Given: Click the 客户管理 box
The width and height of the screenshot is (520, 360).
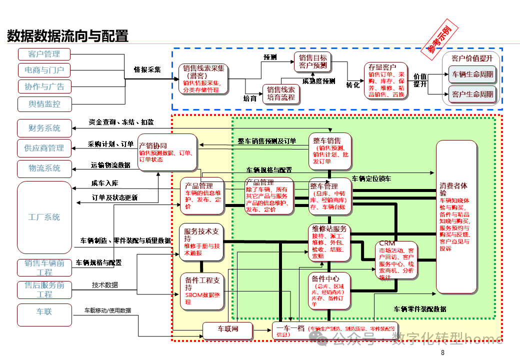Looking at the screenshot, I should [x=44, y=54].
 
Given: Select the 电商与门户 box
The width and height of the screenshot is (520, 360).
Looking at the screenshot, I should [x=44, y=70].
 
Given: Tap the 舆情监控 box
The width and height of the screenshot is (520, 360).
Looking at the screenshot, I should [x=44, y=104].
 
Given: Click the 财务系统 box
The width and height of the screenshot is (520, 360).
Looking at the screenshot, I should [x=45, y=128].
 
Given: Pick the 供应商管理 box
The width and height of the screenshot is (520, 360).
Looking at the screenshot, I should [x=45, y=148].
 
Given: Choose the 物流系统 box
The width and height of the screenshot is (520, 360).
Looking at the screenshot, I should [x=45, y=168].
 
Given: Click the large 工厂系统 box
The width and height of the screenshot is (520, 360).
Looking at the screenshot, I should [x=44, y=217].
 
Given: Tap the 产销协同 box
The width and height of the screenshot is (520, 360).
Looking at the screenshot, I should [x=167, y=152].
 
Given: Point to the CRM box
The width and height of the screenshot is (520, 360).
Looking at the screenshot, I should [x=396, y=260].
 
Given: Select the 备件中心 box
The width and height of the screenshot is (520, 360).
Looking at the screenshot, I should [x=330, y=290].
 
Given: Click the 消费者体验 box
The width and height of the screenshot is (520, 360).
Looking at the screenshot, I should [x=455, y=216].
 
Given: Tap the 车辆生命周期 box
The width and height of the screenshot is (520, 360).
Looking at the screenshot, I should [x=472, y=74].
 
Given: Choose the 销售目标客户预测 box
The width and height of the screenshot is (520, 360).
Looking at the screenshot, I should [x=313, y=61].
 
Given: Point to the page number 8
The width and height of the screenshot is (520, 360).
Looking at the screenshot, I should [x=442, y=353].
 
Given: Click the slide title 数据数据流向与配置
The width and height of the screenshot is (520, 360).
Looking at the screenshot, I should [x=67, y=36].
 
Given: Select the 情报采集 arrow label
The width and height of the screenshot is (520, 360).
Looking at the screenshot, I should [x=147, y=69].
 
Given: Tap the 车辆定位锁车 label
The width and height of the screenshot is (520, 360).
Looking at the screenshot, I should [x=371, y=178].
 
